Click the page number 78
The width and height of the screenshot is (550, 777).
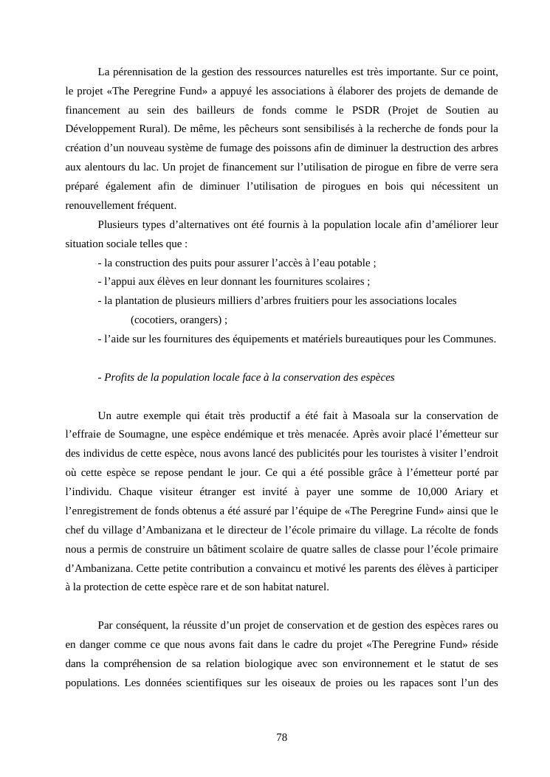pyautogui.click(x=281, y=737)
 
